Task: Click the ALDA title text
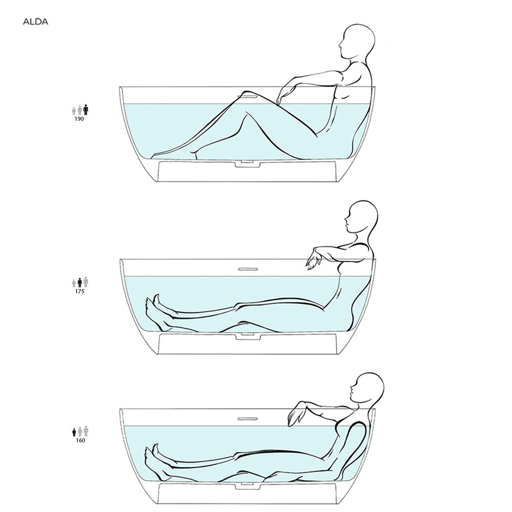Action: pyautogui.click(x=36, y=22)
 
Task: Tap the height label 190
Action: pyautogui.click(x=79, y=119)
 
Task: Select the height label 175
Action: pyautogui.click(x=80, y=292)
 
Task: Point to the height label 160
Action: pyautogui.click(x=80, y=440)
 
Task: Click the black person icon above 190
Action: pyautogui.click(x=86, y=110)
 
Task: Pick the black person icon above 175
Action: pyautogui.click(x=80, y=283)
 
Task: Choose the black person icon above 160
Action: pyautogui.click(x=74, y=432)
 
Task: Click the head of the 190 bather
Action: pyautogui.click(x=357, y=41)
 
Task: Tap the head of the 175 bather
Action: pyautogui.click(x=362, y=217)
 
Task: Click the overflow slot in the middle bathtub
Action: pyautogui.click(x=248, y=269)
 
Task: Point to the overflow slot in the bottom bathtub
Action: pyautogui.click(x=248, y=419)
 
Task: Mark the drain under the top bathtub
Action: pyautogui.click(x=248, y=164)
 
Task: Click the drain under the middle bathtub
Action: pyautogui.click(x=248, y=336)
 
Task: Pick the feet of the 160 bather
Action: pyautogui.click(x=156, y=461)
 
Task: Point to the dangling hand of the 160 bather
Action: pyautogui.click(x=295, y=415)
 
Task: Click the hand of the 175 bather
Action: pyautogui.click(x=312, y=259)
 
